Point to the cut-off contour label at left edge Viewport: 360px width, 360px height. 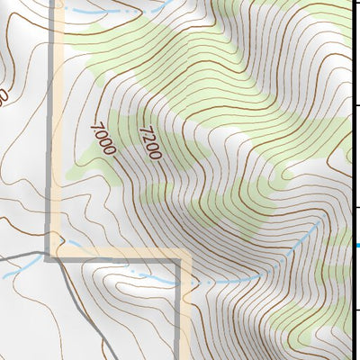[4, 94]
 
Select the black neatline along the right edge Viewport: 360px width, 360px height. [351, 180]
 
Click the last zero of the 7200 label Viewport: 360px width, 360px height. [155, 155]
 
